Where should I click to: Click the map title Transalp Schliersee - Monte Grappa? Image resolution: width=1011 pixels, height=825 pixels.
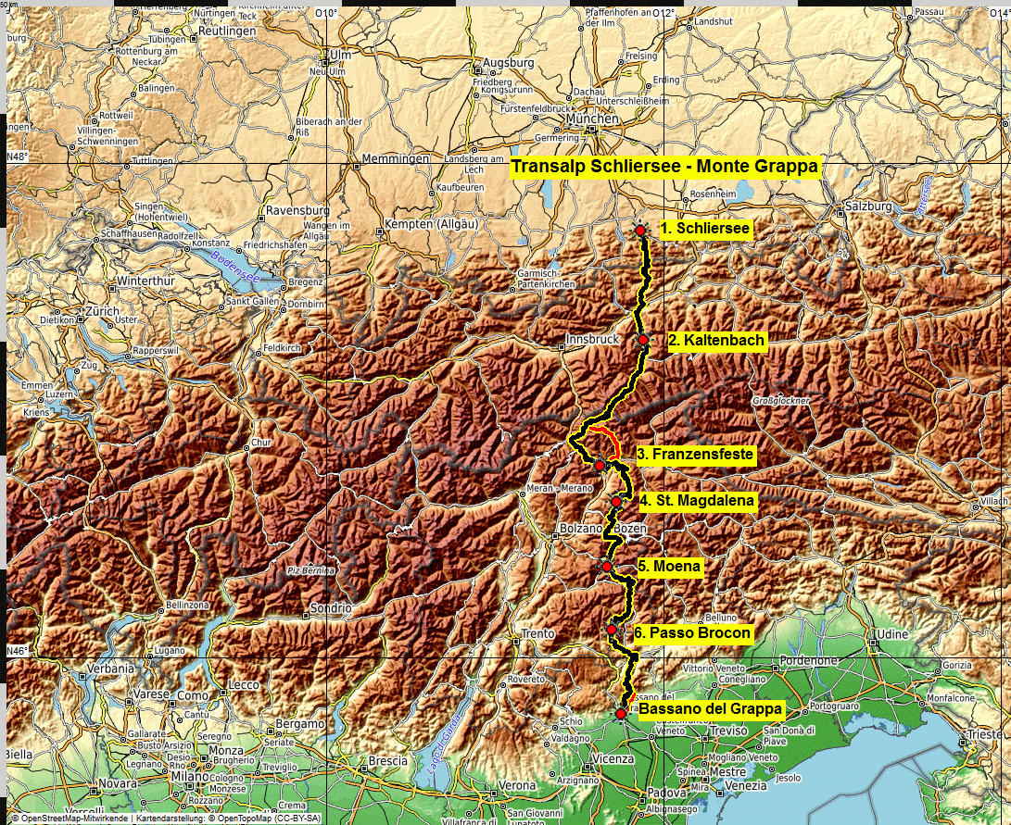coord(664,167)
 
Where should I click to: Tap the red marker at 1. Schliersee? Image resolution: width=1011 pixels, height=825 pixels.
coord(640,230)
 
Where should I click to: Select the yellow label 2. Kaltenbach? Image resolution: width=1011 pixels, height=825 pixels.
coord(716,341)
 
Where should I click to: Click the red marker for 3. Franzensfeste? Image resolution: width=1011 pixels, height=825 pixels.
coord(600,465)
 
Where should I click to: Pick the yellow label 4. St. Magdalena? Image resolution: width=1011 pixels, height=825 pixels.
coord(697,501)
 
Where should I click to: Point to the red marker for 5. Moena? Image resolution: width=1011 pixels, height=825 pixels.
coord(607,567)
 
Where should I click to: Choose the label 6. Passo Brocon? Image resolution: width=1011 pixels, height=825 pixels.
coord(692,633)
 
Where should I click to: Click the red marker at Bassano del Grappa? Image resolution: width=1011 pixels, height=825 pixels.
coord(621,713)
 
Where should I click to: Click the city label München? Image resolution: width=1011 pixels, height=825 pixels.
coord(592,119)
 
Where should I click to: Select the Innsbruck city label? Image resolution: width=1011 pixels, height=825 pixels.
coord(592,340)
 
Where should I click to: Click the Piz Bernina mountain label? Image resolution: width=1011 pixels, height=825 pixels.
coord(310,570)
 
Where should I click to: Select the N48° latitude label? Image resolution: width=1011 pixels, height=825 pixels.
coord(18,156)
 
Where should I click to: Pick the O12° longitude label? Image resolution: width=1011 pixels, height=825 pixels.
coord(664,12)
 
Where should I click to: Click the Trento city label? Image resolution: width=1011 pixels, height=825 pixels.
coord(537,634)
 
